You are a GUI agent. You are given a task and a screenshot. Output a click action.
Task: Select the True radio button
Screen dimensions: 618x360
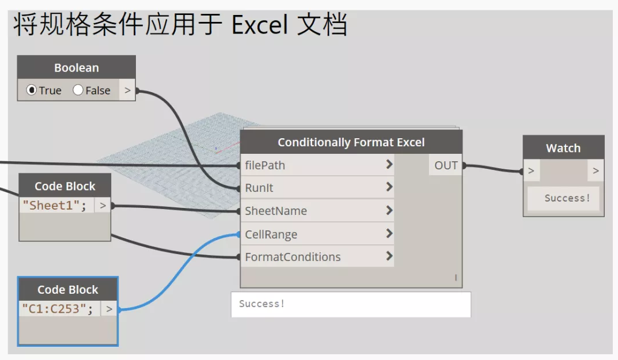[x=32, y=90]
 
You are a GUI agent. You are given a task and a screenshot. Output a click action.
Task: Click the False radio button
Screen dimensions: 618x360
[x=78, y=90]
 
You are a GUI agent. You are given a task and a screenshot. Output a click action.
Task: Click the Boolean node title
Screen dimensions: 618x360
[x=77, y=68]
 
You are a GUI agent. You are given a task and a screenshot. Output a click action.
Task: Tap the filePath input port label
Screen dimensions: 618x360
[x=265, y=165]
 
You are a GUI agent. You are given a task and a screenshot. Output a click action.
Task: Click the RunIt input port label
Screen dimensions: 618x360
[x=259, y=188]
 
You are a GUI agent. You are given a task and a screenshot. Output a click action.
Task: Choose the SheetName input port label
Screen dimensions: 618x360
[x=276, y=211]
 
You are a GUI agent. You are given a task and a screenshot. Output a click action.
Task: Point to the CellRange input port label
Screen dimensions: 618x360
[x=271, y=234]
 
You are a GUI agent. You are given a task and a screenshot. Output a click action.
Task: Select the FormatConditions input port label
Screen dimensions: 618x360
[x=293, y=257]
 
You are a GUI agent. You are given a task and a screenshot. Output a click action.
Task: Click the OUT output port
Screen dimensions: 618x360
[x=446, y=165]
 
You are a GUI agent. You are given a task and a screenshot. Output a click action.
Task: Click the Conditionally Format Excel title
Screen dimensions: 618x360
[x=351, y=142]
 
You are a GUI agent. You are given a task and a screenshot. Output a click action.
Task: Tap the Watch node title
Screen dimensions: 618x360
[x=563, y=148]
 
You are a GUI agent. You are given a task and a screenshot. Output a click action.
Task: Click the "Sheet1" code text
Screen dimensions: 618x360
[x=54, y=206]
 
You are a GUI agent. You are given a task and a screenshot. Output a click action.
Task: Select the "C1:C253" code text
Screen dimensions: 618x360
[x=58, y=309]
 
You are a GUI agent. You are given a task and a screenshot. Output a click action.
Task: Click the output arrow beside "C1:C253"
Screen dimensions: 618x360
[x=109, y=309]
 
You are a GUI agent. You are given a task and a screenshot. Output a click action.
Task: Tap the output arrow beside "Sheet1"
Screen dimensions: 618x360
[x=103, y=206]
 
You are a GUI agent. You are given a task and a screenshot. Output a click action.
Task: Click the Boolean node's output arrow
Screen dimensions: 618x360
[x=127, y=90]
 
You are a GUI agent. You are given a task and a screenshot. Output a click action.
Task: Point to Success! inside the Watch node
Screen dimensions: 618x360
[x=567, y=198]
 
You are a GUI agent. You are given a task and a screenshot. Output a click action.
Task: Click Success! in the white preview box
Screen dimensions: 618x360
[x=261, y=304]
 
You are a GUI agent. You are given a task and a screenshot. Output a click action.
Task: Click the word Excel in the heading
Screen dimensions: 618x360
[x=259, y=25]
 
